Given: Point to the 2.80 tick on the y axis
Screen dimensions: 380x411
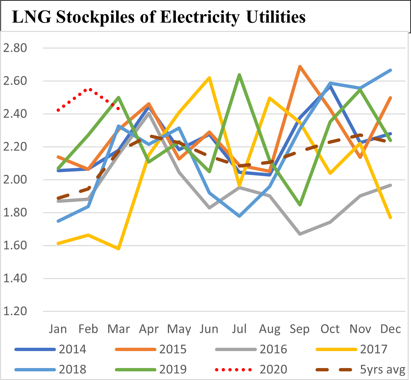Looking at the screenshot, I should coord(15,48).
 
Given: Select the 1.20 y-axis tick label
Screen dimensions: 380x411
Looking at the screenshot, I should coord(15,311).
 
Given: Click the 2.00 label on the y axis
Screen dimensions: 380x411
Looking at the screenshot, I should coord(15,180).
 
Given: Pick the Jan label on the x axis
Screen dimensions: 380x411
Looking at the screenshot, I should coord(58,329).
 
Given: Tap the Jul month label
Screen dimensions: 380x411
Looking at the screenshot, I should coord(239,329).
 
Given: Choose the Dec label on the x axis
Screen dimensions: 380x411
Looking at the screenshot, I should coord(390,329).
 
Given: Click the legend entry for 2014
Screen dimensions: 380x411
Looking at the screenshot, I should coord(72,349).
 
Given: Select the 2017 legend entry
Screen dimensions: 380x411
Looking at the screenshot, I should coord(374,349).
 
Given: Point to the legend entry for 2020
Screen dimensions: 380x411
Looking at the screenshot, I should coord(273,369).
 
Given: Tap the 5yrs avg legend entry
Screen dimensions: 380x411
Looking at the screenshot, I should coord(382,369).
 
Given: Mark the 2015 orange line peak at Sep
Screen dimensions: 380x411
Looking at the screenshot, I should coord(300,66).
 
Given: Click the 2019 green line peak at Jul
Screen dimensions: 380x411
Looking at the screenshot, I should coord(239,75).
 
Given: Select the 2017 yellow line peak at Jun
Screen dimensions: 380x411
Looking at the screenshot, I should coord(209,78).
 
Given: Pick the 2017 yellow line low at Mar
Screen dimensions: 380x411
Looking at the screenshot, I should coord(118,249).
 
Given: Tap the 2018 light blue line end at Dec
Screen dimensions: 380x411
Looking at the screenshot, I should coord(390,70).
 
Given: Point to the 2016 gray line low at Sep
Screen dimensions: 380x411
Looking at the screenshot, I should coord(300,234).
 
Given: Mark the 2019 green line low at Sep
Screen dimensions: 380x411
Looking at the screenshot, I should coord(300,205).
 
